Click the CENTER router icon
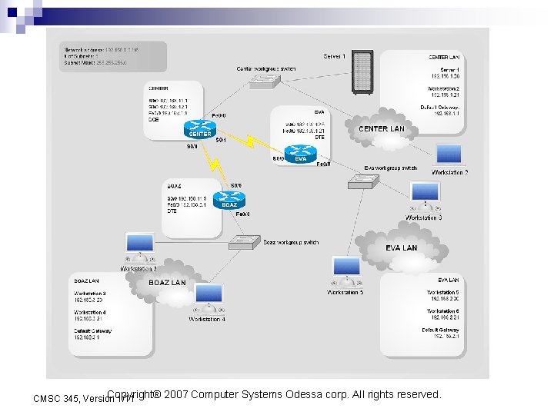201,128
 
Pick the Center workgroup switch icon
272,81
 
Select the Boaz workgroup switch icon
244,242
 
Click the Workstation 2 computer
449,156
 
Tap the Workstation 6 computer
425,197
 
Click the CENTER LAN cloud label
381,129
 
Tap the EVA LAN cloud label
401,248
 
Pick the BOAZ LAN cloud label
167,283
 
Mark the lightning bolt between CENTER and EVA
253,143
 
